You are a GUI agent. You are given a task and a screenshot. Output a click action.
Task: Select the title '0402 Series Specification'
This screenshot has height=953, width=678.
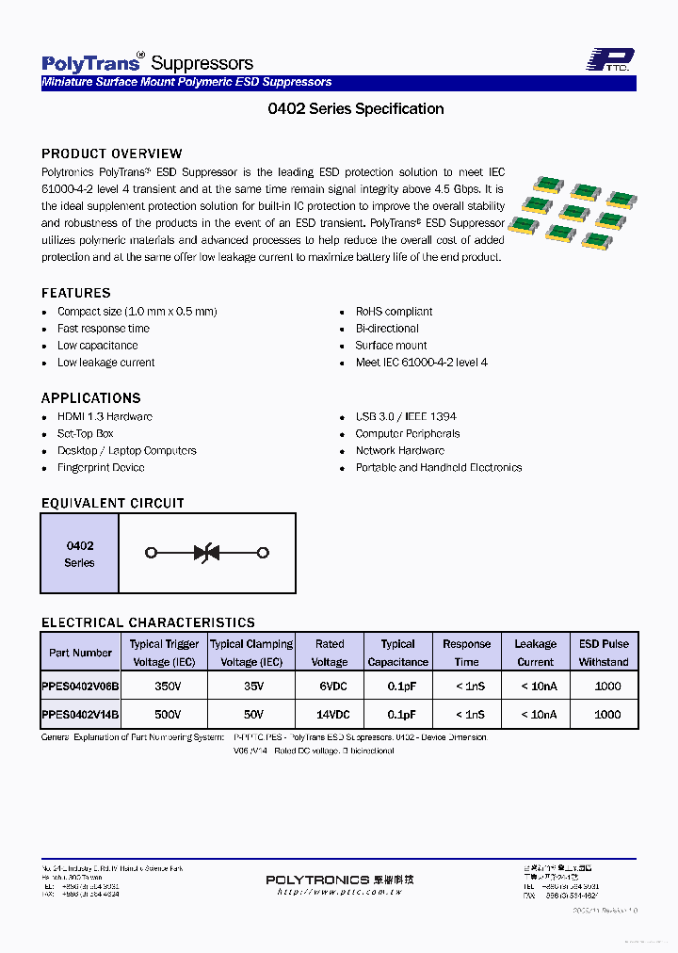coord(356,108)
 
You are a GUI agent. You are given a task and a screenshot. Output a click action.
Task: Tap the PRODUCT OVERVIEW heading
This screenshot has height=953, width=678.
coord(112,153)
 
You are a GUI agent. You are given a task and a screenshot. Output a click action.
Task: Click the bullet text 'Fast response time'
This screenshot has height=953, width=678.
coord(104,329)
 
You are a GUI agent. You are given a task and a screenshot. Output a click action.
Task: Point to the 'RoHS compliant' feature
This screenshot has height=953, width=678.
coord(394,312)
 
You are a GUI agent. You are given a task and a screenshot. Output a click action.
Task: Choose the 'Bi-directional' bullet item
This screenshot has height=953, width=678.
coord(387,329)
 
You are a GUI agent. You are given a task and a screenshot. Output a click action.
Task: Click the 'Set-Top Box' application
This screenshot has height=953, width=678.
coord(85,434)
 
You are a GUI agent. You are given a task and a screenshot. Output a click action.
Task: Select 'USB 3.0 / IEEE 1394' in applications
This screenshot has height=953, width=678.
coord(406,417)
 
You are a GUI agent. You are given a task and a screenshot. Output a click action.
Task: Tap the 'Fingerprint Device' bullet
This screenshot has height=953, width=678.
coord(101,468)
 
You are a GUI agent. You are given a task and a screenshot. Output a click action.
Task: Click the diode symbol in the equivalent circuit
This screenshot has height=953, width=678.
coord(207,553)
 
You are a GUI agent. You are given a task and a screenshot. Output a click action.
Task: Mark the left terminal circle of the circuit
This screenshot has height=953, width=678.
coord(151,553)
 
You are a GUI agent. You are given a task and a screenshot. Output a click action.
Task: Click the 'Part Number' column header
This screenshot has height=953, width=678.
coord(80,653)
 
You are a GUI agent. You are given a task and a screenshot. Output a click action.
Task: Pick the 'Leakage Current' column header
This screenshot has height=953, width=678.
coord(536,653)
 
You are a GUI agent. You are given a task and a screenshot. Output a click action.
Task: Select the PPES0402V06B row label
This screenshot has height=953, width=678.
coord(80,688)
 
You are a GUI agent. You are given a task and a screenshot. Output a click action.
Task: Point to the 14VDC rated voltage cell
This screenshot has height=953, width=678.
coord(330,715)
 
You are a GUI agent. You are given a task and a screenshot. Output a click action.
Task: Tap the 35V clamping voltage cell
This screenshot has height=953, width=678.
coord(251,688)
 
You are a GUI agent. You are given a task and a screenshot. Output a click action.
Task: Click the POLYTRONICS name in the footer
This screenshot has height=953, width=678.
coord(317,880)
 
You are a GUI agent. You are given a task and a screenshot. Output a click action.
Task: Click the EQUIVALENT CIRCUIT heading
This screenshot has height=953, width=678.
coord(113,503)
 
